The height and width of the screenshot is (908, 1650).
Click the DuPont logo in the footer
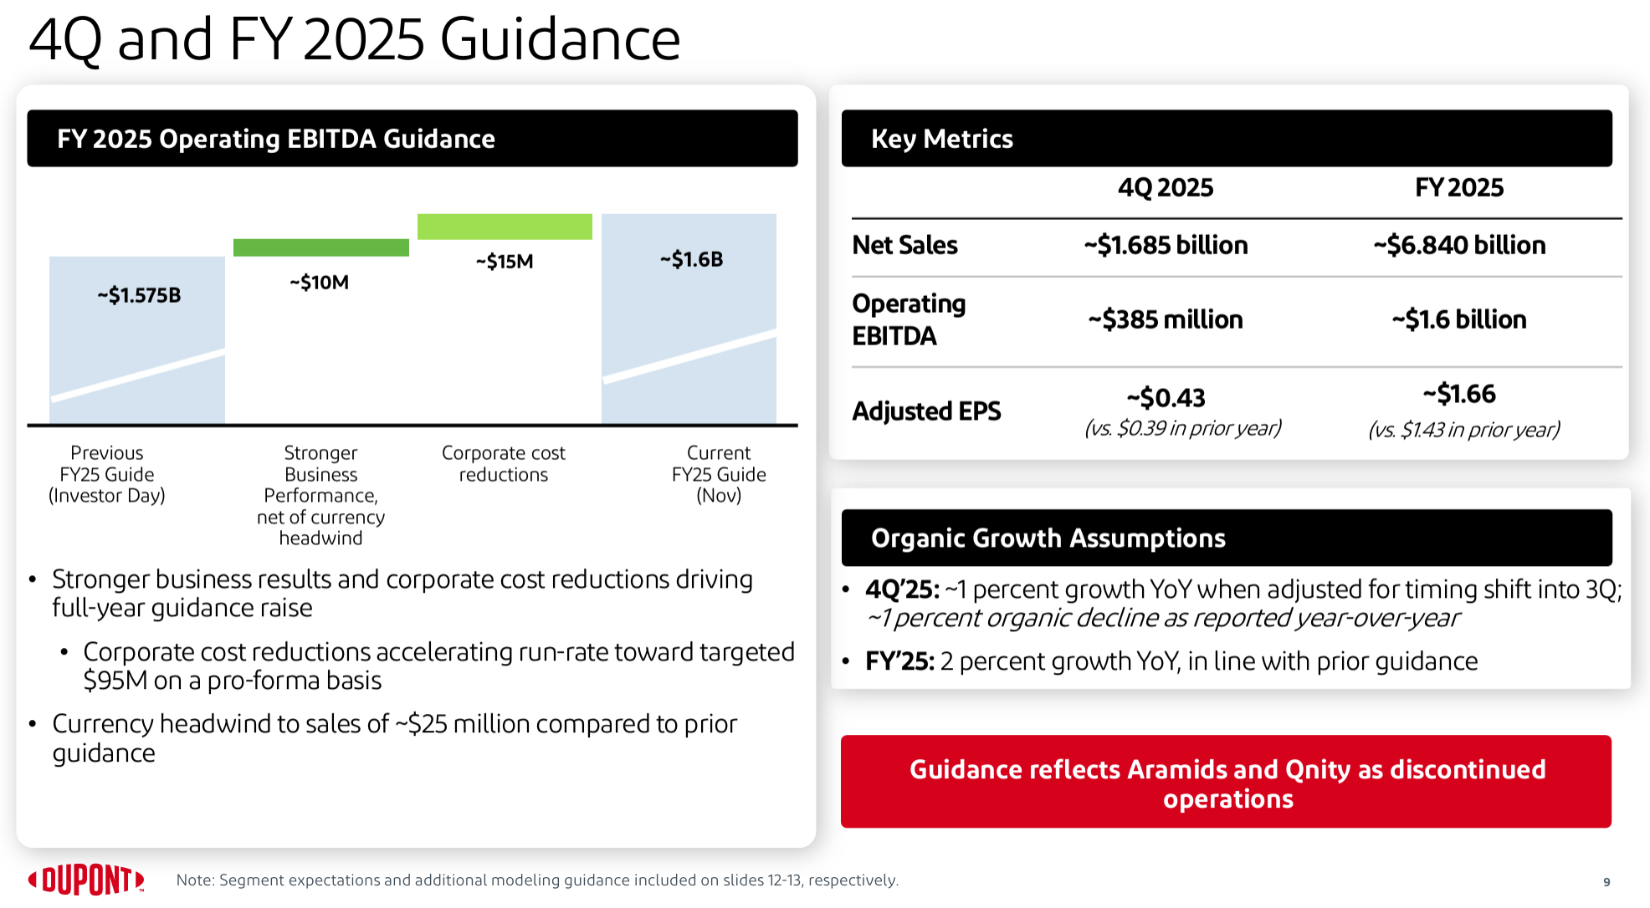pyautogui.click(x=86, y=880)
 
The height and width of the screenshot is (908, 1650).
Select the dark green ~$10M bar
pyautogui.click(x=321, y=247)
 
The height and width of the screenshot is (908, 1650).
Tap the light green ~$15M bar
pyautogui.click(x=505, y=227)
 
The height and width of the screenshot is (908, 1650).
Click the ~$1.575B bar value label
pyautogui.click(x=139, y=295)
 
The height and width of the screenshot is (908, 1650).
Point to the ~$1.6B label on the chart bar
pyautogui.click(x=691, y=259)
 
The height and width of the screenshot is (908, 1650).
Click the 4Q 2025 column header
pyautogui.click(x=1166, y=187)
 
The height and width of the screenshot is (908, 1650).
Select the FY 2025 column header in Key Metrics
pyautogui.click(x=1459, y=187)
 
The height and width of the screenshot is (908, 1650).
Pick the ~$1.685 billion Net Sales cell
pyautogui.click(x=1166, y=245)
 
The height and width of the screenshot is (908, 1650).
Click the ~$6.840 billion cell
pyautogui.click(x=1459, y=245)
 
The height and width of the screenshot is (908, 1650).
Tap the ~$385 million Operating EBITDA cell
pyautogui.click(x=1166, y=319)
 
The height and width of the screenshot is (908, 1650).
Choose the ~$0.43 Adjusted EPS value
pyautogui.click(x=1166, y=397)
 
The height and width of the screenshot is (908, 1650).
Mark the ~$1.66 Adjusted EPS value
pyautogui.click(x=1459, y=394)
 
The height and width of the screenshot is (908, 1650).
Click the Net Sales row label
pyautogui.click(x=904, y=245)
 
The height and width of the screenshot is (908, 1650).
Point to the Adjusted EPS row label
pyautogui.click(x=926, y=411)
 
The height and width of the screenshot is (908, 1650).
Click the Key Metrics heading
pyautogui.click(x=942, y=139)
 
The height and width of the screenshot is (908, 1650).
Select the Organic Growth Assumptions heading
pyautogui.click(x=1048, y=538)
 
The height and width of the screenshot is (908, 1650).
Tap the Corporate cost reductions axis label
pyautogui.click(x=504, y=464)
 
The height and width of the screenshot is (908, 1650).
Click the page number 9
pyautogui.click(x=1606, y=881)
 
